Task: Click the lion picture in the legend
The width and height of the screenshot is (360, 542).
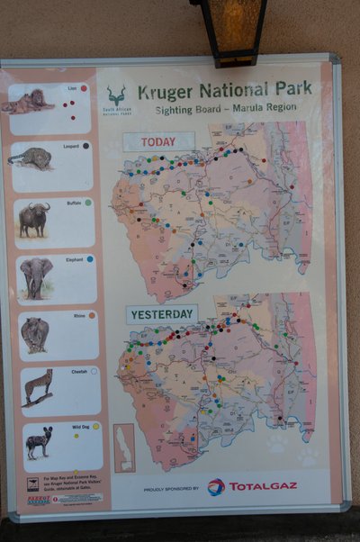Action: click(29, 102)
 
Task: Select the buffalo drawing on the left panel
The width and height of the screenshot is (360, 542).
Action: click(33, 218)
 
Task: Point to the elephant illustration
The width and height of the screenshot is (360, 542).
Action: click(36, 276)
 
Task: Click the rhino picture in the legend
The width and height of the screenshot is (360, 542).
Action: click(35, 334)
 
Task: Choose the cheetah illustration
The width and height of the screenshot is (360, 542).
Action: click(38, 387)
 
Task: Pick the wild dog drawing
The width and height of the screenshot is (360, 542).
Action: click(39, 442)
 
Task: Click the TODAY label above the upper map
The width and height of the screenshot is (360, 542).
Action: click(158, 142)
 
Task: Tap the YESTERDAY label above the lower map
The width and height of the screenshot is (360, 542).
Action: click(162, 314)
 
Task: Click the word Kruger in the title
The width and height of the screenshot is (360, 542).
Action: click(167, 91)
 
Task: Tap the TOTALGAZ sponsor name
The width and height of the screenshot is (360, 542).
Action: click(262, 486)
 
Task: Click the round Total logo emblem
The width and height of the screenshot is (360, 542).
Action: click(216, 487)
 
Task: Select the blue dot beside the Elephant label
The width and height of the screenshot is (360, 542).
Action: click(90, 258)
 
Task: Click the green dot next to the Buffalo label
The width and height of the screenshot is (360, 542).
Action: click(88, 203)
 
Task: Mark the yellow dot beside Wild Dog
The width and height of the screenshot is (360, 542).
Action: click(95, 426)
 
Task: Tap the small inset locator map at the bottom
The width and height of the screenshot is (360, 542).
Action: click(124, 447)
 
